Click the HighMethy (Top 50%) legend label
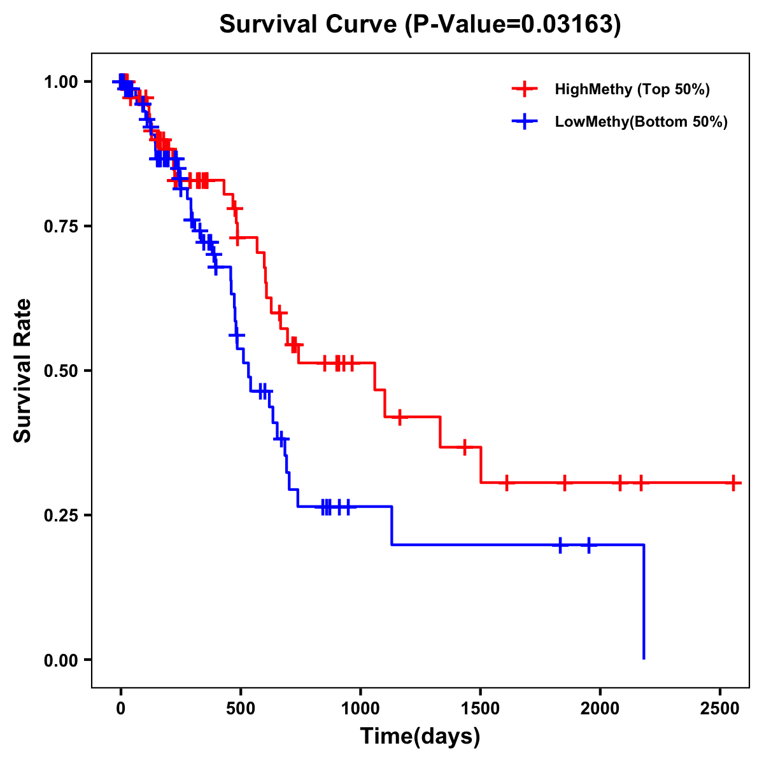[x=632, y=89]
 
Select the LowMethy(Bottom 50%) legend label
[x=641, y=122]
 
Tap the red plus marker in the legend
[x=525, y=89]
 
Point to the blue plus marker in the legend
[x=525, y=122]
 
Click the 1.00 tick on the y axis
[x=60, y=81]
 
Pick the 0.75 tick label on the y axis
[x=60, y=226]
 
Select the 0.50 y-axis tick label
[x=60, y=371]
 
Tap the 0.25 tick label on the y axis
[x=60, y=515]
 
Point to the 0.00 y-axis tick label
[x=60, y=660]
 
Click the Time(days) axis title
[x=420, y=737]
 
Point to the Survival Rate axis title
[x=23, y=371]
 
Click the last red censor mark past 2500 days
[x=733, y=483]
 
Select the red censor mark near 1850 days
[x=564, y=483]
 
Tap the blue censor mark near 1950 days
[x=589, y=545]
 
